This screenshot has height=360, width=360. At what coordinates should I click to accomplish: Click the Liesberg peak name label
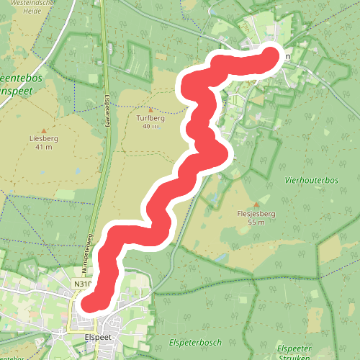[43, 138]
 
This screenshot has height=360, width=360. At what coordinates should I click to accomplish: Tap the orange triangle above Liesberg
[44, 130]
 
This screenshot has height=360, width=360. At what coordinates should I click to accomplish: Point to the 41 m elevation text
[43, 147]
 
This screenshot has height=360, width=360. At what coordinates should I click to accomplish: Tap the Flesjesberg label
[256, 214]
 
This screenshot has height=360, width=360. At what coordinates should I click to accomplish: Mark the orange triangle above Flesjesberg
[256, 204]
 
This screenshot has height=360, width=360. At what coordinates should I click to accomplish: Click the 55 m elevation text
[256, 222]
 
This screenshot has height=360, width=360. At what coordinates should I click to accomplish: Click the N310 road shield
[81, 284]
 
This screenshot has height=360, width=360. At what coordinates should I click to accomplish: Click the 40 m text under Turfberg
[150, 126]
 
